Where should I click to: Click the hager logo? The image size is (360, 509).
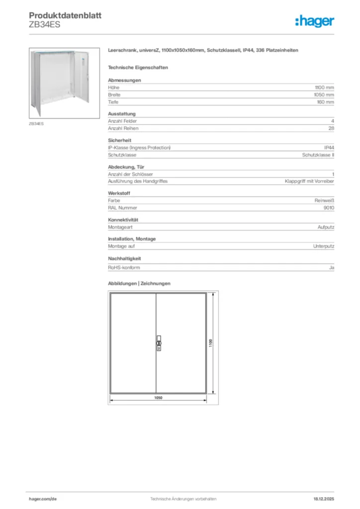tap(314, 20)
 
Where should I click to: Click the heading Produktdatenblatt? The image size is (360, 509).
tap(65, 15)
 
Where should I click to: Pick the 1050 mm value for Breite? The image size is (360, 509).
tap(324, 95)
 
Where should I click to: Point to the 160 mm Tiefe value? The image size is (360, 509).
tap(325, 102)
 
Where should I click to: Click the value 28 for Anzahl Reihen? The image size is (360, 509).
tap(331, 128)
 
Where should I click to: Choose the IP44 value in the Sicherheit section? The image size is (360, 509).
tap(329, 148)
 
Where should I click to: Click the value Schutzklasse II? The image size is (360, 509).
tap(318, 155)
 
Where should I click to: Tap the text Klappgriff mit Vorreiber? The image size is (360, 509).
tap(309, 181)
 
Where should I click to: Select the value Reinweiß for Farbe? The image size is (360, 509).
tap(324, 201)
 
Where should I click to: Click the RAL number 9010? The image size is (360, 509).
tap(328, 208)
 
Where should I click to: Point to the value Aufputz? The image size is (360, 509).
tap(326, 227)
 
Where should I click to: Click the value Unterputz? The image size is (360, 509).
tap(323, 246)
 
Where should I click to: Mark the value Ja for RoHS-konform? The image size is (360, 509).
tap(331, 267)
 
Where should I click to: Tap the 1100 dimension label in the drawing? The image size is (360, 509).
tap(211, 343)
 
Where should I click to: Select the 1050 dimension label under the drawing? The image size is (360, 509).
tap(158, 398)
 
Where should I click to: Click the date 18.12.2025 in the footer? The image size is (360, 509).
tap(323, 499)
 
